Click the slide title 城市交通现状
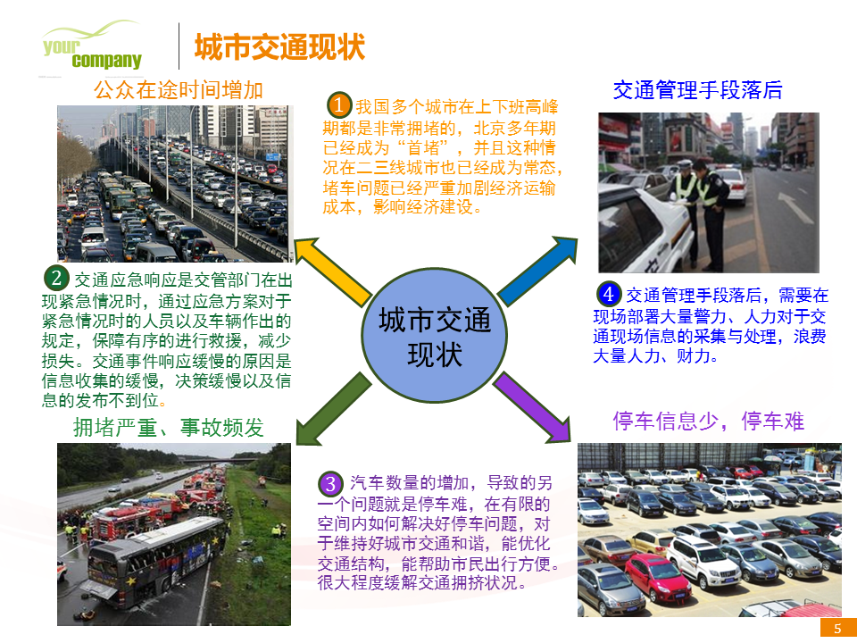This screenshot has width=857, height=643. pos(279,47)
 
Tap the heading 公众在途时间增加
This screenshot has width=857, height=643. pos(179,90)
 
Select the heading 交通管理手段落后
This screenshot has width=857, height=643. pos(697,90)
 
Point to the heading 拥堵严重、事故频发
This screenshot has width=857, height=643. pos(169,428)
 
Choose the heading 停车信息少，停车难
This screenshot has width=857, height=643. pos(709,422)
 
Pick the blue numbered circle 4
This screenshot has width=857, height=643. pos(608,293)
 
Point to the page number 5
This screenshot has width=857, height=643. pos(837,629)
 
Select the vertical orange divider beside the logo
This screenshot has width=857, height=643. pos(179,46)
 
